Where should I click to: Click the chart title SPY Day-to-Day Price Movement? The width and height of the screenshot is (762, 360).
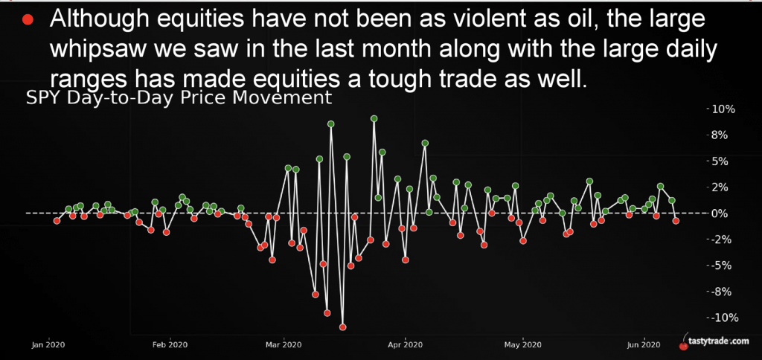179,98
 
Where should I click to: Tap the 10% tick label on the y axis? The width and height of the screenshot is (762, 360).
723,109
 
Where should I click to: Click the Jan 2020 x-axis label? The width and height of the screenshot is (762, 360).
48,345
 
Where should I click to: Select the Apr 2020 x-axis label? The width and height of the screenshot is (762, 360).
406,345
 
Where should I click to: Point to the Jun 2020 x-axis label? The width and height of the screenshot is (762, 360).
644,345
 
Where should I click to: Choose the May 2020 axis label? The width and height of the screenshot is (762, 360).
522,345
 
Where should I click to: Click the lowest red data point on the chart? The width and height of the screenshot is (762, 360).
342,327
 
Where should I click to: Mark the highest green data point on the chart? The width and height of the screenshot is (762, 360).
374,118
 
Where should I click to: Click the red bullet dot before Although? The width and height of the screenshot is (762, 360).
28,20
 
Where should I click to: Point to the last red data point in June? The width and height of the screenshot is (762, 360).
676,221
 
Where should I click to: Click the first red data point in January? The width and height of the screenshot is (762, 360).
57,221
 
